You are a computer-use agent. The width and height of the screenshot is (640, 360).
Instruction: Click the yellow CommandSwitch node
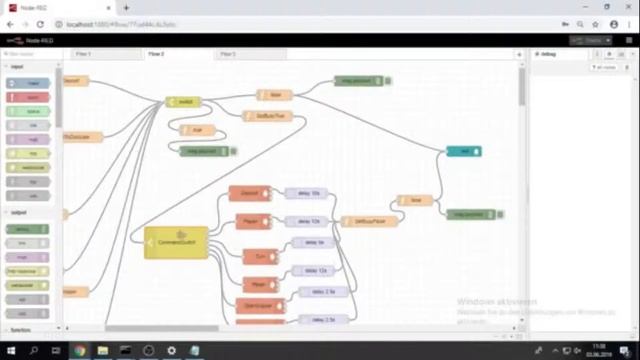[x=176, y=242]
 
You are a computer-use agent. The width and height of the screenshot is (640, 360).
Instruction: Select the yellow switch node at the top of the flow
[x=182, y=101]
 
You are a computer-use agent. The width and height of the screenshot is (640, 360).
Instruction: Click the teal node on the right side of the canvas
[x=464, y=151]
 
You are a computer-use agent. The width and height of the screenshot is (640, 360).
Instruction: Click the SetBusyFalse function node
[x=362, y=221]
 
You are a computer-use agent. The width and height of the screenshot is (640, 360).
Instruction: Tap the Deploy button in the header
[x=591, y=40]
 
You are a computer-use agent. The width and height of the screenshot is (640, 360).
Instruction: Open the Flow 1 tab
[x=83, y=54]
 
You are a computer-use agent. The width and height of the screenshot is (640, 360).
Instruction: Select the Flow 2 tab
[x=156, y=54]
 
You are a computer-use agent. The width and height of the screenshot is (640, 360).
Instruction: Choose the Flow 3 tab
[x=228, y=54]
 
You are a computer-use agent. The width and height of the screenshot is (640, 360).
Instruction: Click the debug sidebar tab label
[x=549, y=54]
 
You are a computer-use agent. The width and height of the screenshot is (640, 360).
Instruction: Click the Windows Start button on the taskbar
[x=9, y=351]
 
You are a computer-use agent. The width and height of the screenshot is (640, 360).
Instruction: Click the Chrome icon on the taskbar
[x=79, y=351]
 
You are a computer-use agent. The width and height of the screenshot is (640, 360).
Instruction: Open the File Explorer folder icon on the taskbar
[x=102, y=351]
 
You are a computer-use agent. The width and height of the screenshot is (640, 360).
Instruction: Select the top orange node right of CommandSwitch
[x=249, y=193]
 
